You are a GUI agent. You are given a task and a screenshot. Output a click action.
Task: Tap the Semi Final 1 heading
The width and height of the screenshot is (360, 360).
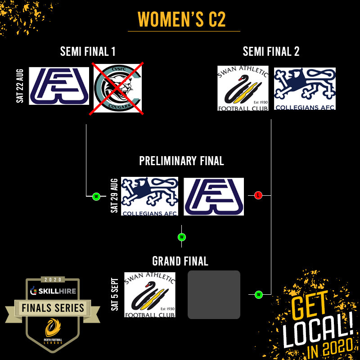88,52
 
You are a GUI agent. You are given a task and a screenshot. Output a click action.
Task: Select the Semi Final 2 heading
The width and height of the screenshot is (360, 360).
271,52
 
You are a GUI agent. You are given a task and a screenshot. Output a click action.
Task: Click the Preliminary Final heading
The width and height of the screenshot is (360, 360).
181,161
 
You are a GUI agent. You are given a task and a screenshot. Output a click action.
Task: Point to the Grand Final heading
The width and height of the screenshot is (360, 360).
180,261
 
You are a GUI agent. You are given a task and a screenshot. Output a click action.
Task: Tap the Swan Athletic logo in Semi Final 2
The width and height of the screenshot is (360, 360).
243,88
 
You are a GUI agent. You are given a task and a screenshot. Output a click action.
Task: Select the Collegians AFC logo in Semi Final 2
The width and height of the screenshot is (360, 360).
305,89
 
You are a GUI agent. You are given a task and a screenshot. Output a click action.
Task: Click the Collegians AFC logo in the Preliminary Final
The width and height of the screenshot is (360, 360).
150,196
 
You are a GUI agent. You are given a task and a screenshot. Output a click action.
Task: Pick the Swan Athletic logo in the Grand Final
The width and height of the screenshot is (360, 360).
150,295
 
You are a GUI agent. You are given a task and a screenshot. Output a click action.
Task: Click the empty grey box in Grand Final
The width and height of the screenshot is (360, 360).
214,295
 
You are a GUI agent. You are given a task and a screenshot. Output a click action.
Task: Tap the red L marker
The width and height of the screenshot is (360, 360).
258,195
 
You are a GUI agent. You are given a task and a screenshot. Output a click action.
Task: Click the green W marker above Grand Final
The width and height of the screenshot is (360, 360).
182,237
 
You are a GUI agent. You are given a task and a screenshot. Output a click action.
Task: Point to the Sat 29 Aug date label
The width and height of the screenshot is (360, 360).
114,196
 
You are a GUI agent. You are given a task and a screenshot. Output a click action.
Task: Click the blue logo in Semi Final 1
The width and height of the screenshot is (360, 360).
59,86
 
